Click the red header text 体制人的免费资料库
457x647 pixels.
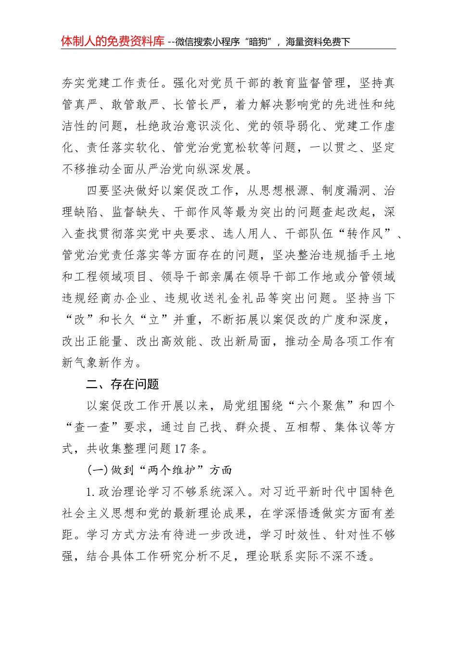pyautogui.click(x=113, y=41)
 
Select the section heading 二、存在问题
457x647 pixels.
pyautogui.click(x=122, y=384)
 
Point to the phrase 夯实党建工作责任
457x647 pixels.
pyautogui.click(x=111, y=83)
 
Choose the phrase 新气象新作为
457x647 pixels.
pyautogui.click(x=99, y=363)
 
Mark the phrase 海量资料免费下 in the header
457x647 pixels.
pyautogui.click(x=318, y=42)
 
